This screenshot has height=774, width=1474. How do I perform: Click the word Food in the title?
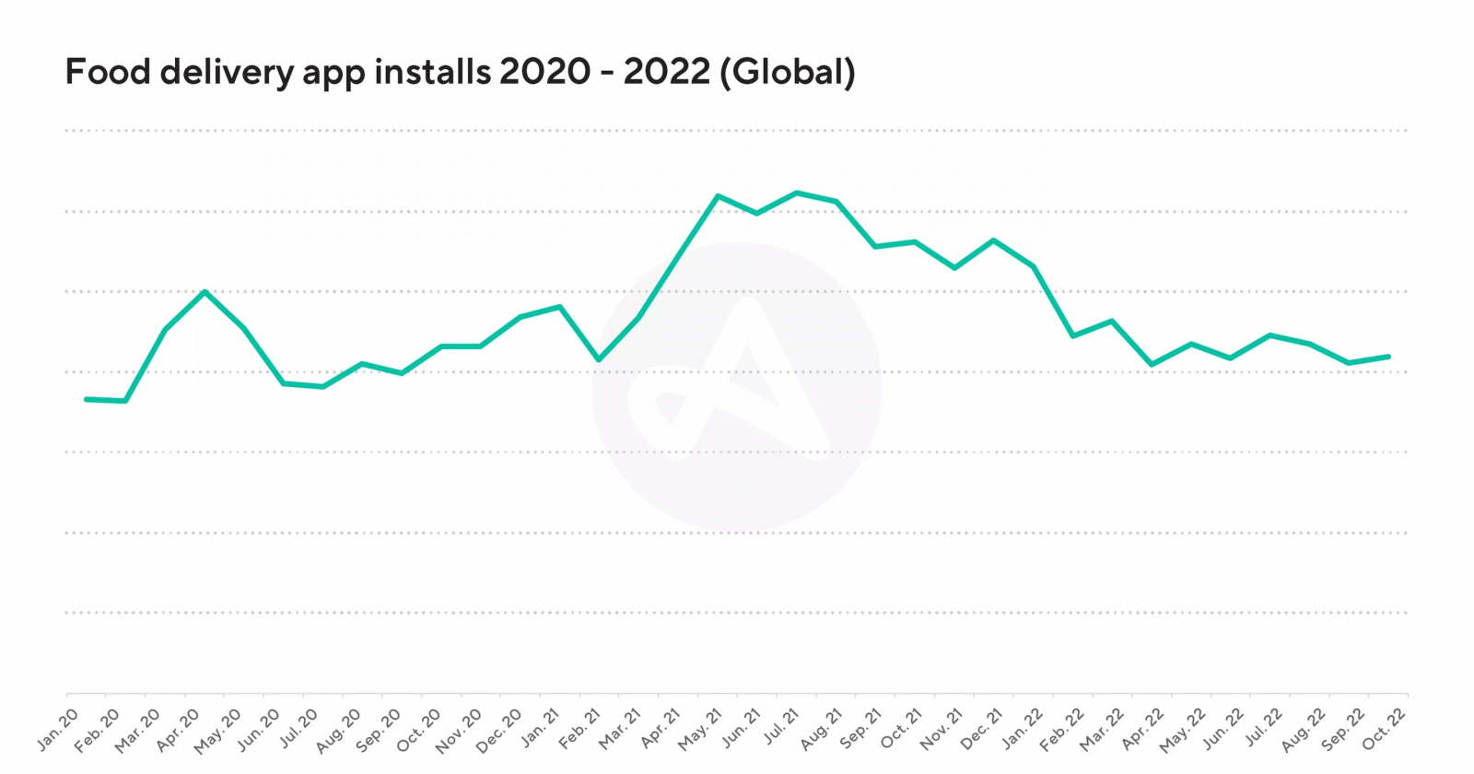[108, 72]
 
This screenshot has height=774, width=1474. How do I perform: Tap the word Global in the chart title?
[789, 72]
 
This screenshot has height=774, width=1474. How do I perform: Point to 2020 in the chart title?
[544, 72]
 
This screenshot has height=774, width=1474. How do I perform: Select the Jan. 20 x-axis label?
[58, 729]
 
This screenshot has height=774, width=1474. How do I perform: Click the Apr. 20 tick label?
[178, 729]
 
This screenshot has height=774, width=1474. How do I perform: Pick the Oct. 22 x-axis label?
[1384, 729]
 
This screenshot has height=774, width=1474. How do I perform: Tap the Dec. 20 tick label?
[498, 729]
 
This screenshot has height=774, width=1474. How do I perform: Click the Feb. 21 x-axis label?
[579, 729]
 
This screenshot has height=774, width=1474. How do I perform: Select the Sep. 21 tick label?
[860, 729]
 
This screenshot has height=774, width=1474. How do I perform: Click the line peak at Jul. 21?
[797, 193]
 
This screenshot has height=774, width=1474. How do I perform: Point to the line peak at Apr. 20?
[205, 291]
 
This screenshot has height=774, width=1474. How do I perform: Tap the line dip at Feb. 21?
[599, 359]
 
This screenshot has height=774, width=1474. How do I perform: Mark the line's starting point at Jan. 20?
[86, 399]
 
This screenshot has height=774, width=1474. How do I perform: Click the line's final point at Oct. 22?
[1388, 357]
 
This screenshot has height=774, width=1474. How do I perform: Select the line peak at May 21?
[718, 195]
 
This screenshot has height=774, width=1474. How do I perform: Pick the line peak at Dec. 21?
[994, 240]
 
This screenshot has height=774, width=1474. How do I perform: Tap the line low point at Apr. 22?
[1152, 365]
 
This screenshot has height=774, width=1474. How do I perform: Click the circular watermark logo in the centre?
[736, 386]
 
